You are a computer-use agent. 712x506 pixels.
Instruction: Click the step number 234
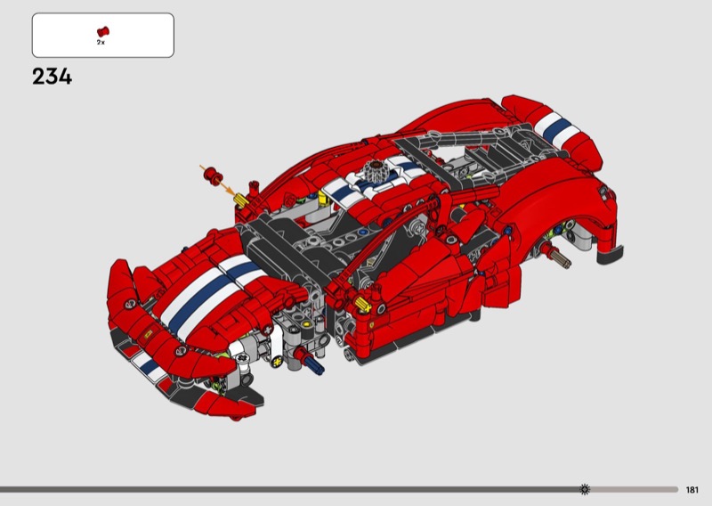pos(52,77)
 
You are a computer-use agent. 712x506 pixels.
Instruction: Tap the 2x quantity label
pos(101,42)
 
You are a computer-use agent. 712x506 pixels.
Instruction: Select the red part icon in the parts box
pos(103,32)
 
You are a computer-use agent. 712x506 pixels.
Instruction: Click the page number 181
pos(692,490)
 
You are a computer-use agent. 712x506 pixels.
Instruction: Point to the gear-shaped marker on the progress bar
pos(585,490)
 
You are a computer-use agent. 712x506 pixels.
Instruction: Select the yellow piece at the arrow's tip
pos(241,200)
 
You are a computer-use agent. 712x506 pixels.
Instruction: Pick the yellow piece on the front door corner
pos(363,304)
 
